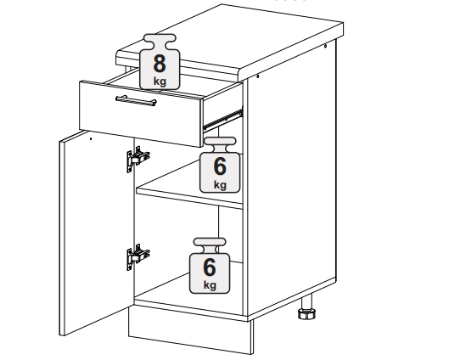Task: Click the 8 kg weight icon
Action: pos(160,62)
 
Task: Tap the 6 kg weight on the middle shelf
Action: pos(220,165)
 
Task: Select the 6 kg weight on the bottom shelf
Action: pos(210,266)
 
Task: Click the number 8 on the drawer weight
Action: pos(160,64)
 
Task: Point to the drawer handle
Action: pos(136,101)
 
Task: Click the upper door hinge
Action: pos(138,159)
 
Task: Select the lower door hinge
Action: pos(138,256)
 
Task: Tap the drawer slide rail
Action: pos(222,118)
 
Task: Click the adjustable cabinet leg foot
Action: pos(307,313)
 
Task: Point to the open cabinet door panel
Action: pos(98,233)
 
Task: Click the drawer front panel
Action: pos(141,114)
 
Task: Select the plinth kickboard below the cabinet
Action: pos(190,329)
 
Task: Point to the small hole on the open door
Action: pos(91,139)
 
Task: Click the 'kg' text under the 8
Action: pos(160,82)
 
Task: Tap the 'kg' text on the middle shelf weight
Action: pos(220,185)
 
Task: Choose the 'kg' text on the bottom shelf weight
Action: pos(210,285)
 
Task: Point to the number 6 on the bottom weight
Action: pos(210,267)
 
